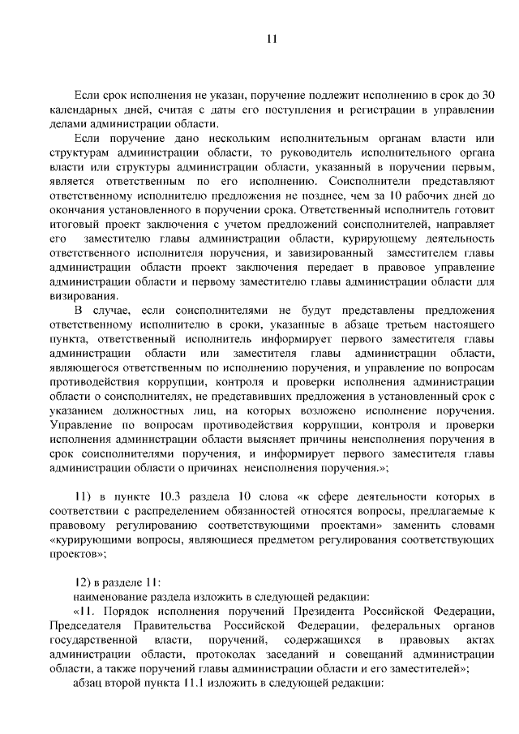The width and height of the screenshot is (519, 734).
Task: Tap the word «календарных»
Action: (85, 109)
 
